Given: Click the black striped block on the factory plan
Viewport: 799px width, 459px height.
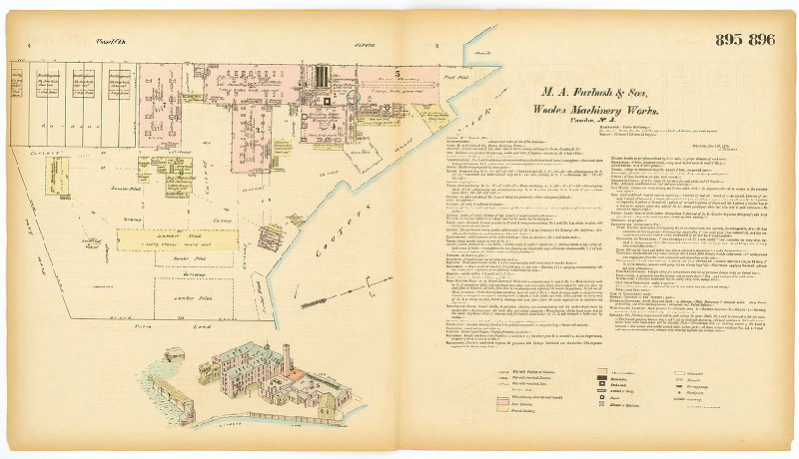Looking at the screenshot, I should coord(321,77).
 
